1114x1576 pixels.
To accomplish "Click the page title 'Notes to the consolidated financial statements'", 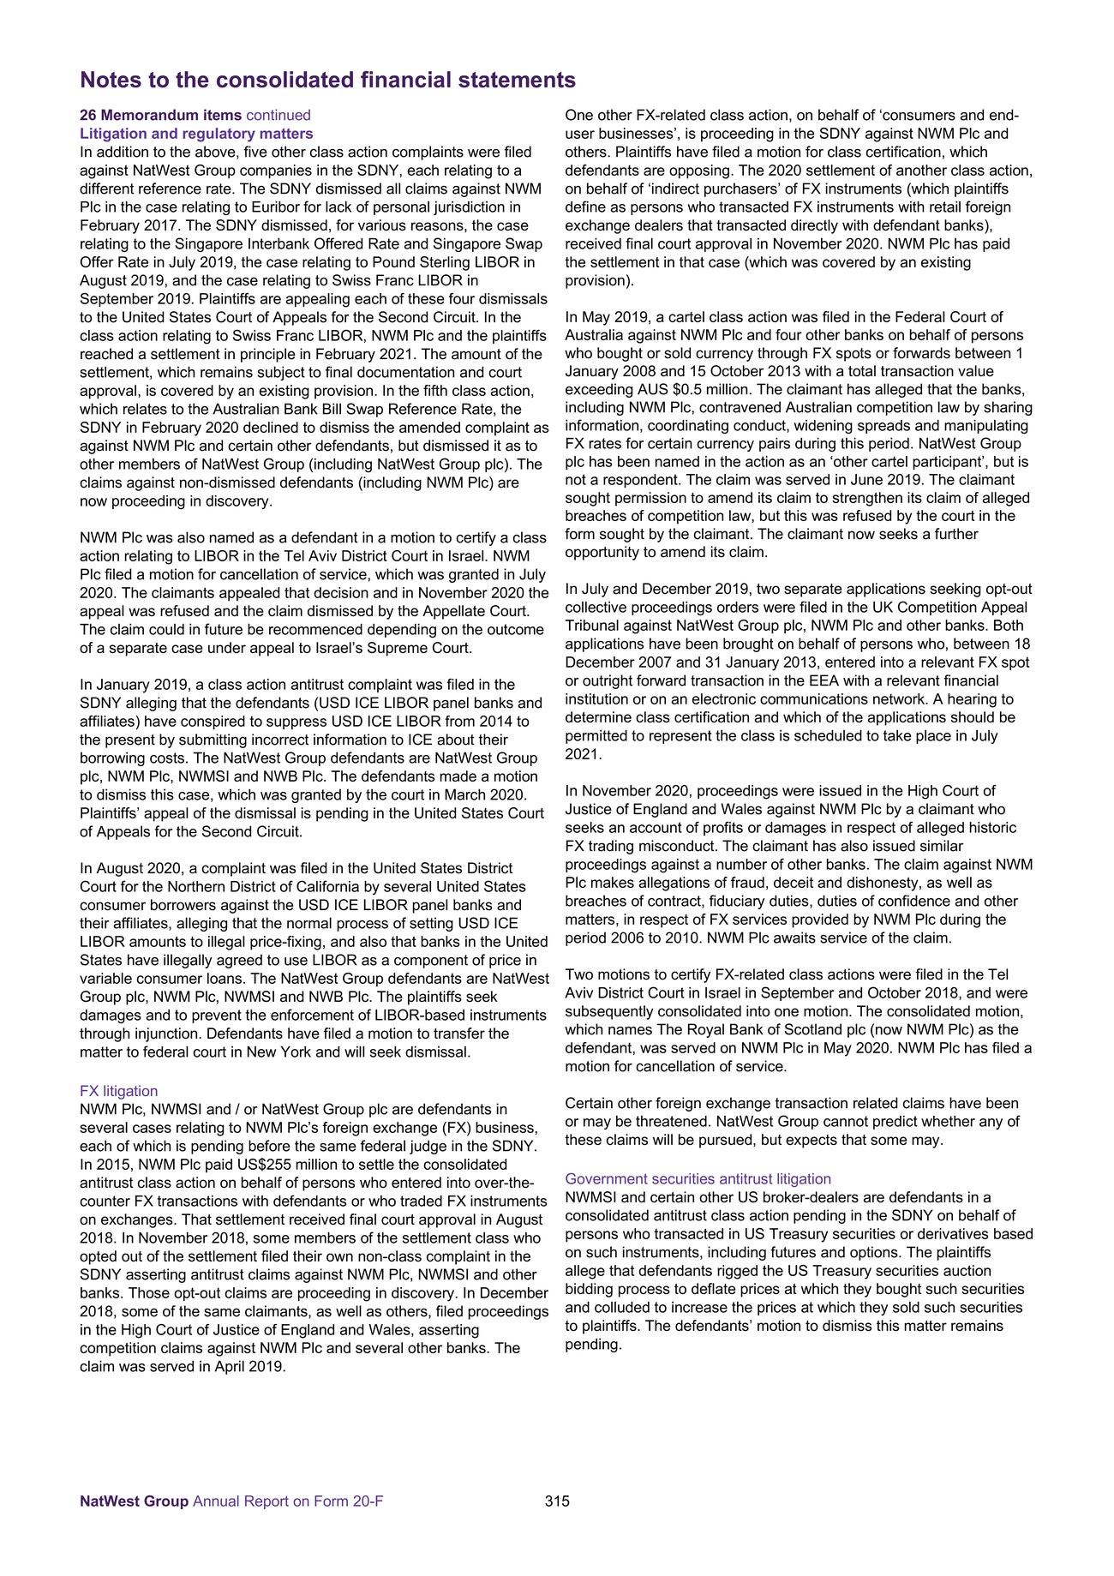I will coord(327,81).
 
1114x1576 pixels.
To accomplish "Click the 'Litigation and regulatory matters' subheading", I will coord(196,134).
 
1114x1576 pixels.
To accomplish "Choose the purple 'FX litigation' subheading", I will coord(118,1091).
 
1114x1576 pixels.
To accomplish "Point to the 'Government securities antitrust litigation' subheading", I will coord(698,1179).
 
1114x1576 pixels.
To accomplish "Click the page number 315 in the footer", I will coord(556,1525).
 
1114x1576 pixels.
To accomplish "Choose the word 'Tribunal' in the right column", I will coord(592,626).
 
